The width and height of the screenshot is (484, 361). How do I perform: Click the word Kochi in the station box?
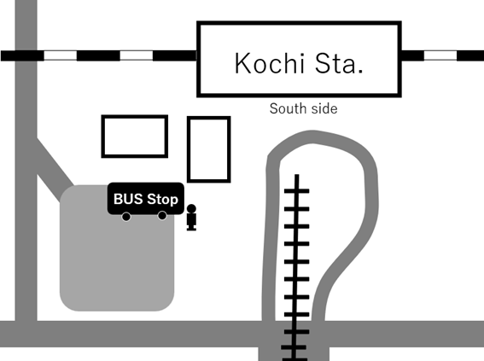270,63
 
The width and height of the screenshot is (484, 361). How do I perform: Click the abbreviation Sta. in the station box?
339,63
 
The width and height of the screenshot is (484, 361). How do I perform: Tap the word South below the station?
285,108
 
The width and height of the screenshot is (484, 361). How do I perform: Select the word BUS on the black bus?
128,199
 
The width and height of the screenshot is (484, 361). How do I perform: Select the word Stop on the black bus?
163,200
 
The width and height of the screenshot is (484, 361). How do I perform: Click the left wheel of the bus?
126,217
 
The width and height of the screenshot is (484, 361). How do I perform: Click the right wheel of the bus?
162,215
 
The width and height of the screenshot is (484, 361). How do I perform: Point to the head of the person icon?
191,208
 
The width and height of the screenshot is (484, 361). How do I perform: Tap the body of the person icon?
191,222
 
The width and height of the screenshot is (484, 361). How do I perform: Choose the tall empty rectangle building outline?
189,149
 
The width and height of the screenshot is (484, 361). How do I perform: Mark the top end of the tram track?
297,175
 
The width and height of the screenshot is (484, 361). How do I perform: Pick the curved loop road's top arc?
313,137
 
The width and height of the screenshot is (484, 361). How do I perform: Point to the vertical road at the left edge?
26,160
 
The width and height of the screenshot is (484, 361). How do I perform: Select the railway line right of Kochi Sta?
442,55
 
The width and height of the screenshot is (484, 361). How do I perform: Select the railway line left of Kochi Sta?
99,55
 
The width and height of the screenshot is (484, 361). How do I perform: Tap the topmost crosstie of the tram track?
297,191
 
